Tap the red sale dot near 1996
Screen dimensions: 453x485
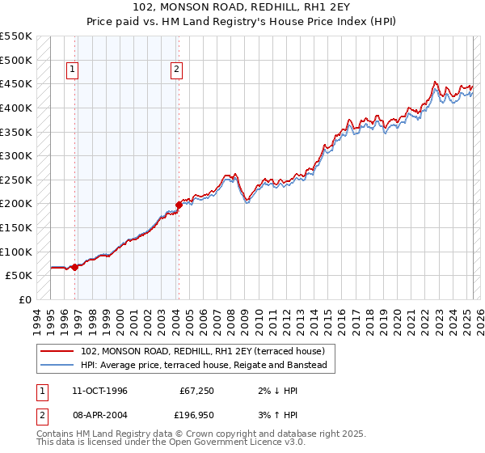74,267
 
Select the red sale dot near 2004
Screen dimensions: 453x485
179,205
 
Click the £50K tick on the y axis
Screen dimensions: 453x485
19,276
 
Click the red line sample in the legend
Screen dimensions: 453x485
57,352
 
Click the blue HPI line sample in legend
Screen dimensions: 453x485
57,366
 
